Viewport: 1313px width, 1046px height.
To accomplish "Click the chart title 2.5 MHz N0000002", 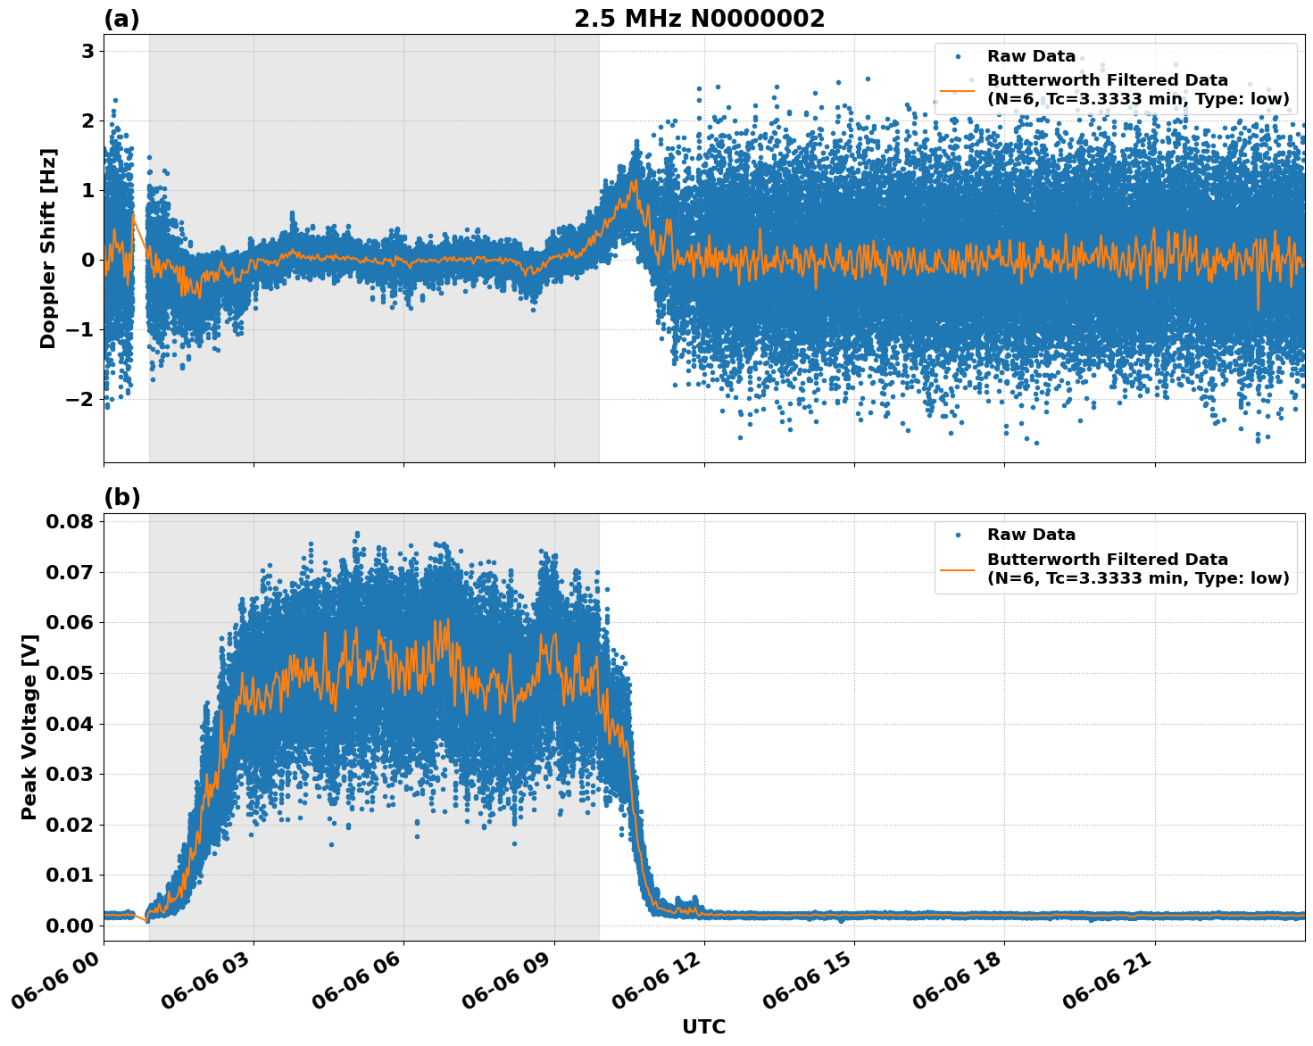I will (x=699, y=19).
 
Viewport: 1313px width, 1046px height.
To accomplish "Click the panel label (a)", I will (x=121, y=19).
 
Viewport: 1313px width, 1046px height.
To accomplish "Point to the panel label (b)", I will (x=121, y=498).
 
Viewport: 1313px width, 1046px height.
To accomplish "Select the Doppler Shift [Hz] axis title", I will (x=48, y=248).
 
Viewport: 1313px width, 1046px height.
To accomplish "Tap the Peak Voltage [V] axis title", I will (x=29, y=727).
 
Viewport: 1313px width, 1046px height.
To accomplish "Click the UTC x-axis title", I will (x=703, y=1026).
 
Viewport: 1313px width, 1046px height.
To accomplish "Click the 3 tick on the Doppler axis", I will (x=87, y=52).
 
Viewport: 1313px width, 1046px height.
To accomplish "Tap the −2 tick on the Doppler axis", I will (x=80, y=399).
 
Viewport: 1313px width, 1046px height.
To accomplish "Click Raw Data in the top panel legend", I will (x=1031, y=56).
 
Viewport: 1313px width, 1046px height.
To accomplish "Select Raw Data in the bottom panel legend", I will (x=1031, y=535).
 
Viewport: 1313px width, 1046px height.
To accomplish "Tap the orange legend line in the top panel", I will (x=958, y=90).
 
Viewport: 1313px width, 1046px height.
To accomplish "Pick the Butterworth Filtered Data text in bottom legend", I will (x=1107, y=560).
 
